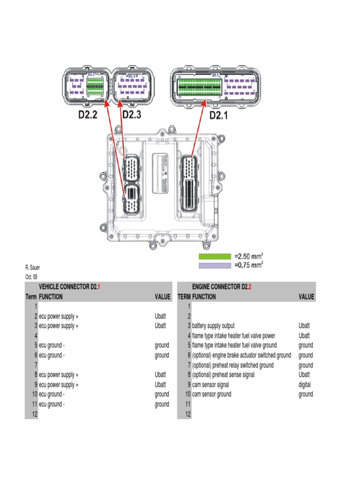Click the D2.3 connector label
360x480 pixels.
[x=131, y=115]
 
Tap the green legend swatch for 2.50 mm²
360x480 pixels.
[x=215, y=256]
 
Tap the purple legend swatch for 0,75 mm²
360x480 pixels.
[x=215, y=265]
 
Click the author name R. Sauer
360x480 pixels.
[x=32, y=268]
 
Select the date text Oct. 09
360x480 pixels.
[x=31, y=277]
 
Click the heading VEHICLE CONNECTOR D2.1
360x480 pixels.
[x=69, y=287]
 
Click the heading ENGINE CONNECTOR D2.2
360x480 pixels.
[x=222, y=287]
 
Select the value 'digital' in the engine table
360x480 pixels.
[x=305, y=385]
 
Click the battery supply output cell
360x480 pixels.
[x=213, y=326]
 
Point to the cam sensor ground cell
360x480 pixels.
[x=211, y=395]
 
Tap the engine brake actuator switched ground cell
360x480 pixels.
[x=241, y=355]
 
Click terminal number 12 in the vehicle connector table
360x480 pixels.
[x=34, y=414]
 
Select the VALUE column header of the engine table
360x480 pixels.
[x=306, y=297]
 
